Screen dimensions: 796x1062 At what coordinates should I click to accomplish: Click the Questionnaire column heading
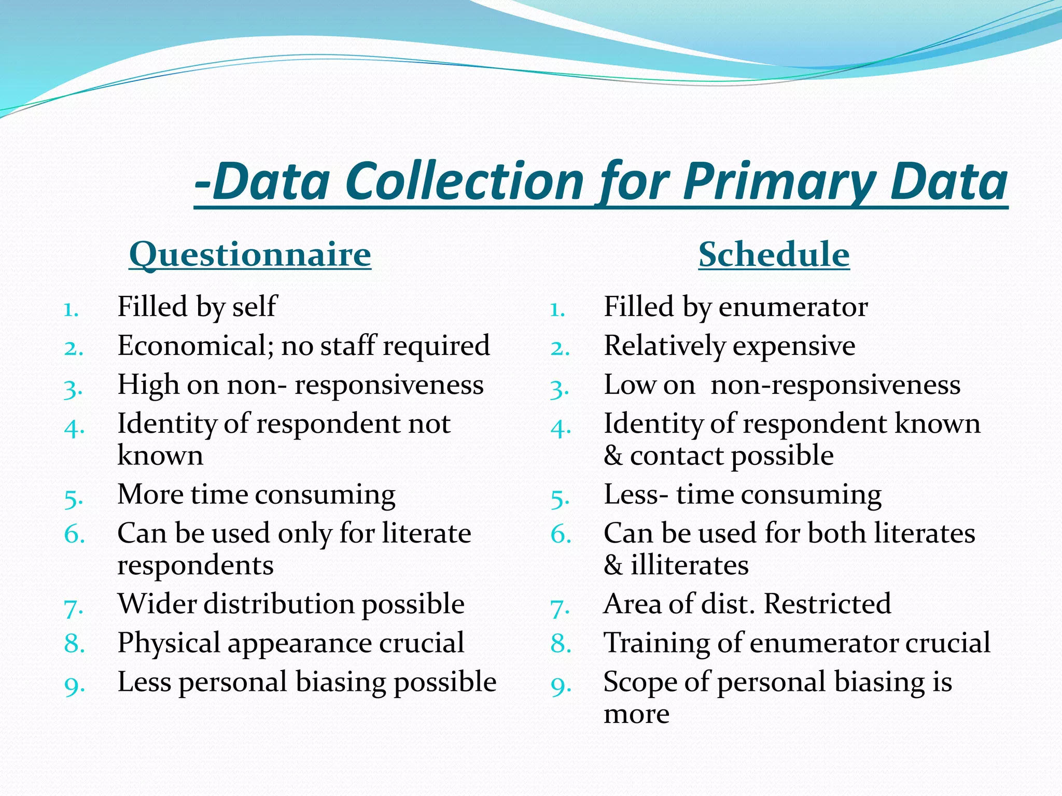point(250,254)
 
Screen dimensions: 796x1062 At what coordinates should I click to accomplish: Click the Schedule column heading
point(774,254)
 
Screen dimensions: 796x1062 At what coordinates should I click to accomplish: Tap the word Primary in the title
point(778,181)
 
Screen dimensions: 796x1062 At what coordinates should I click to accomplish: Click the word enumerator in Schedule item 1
point(793,307)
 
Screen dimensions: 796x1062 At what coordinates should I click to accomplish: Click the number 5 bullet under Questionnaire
point(74,499)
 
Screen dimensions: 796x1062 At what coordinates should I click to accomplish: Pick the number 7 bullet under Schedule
point(560,608)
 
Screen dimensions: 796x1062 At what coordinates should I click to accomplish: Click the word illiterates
point(690,565)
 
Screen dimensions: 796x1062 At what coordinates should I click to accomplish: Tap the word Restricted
point(828,604)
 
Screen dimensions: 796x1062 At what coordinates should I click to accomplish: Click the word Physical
point(169,644)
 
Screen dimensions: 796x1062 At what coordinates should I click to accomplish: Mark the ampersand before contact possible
point(613,456)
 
